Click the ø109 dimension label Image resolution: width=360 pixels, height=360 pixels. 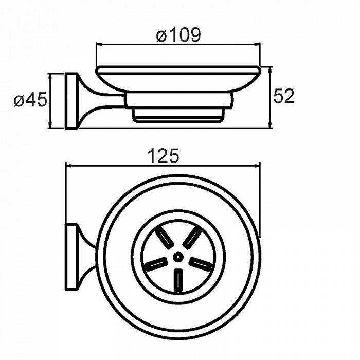[178, 35]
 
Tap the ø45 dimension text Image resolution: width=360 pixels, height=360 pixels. [30, 100]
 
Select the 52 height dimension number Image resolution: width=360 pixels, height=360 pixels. [283, 96]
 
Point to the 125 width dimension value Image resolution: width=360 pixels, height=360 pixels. [163, 156]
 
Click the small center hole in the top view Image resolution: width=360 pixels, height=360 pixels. [178, 257]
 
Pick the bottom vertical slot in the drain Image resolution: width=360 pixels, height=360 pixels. [178, 281]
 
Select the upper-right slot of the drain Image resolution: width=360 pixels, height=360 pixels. [192, 238]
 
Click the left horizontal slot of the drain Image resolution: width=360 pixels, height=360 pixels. [156, 263]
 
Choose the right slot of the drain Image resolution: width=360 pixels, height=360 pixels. [200, 263]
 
